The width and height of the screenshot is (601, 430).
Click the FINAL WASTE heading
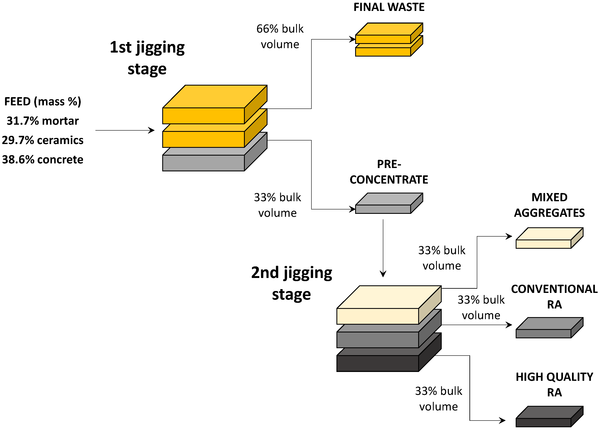[389, 7]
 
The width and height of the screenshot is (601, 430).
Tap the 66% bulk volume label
[280, 36]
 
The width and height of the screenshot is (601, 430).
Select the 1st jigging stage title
[147, 58]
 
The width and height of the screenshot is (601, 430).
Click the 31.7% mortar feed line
[43, 121]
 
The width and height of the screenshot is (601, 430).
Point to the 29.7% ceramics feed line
[43, 140]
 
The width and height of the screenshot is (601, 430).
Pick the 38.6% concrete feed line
[43, 159]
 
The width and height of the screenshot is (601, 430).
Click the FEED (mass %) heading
[43, 101]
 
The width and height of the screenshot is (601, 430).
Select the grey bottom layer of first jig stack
[203, 163]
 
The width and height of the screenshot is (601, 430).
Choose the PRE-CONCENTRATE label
[389, 172]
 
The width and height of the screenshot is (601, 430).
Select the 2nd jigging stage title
[291, 283]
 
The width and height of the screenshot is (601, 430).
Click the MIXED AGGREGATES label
[549, 205]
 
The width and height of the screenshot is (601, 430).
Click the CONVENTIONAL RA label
[554, 296]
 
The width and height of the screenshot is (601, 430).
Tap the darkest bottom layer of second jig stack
[377, 363]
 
